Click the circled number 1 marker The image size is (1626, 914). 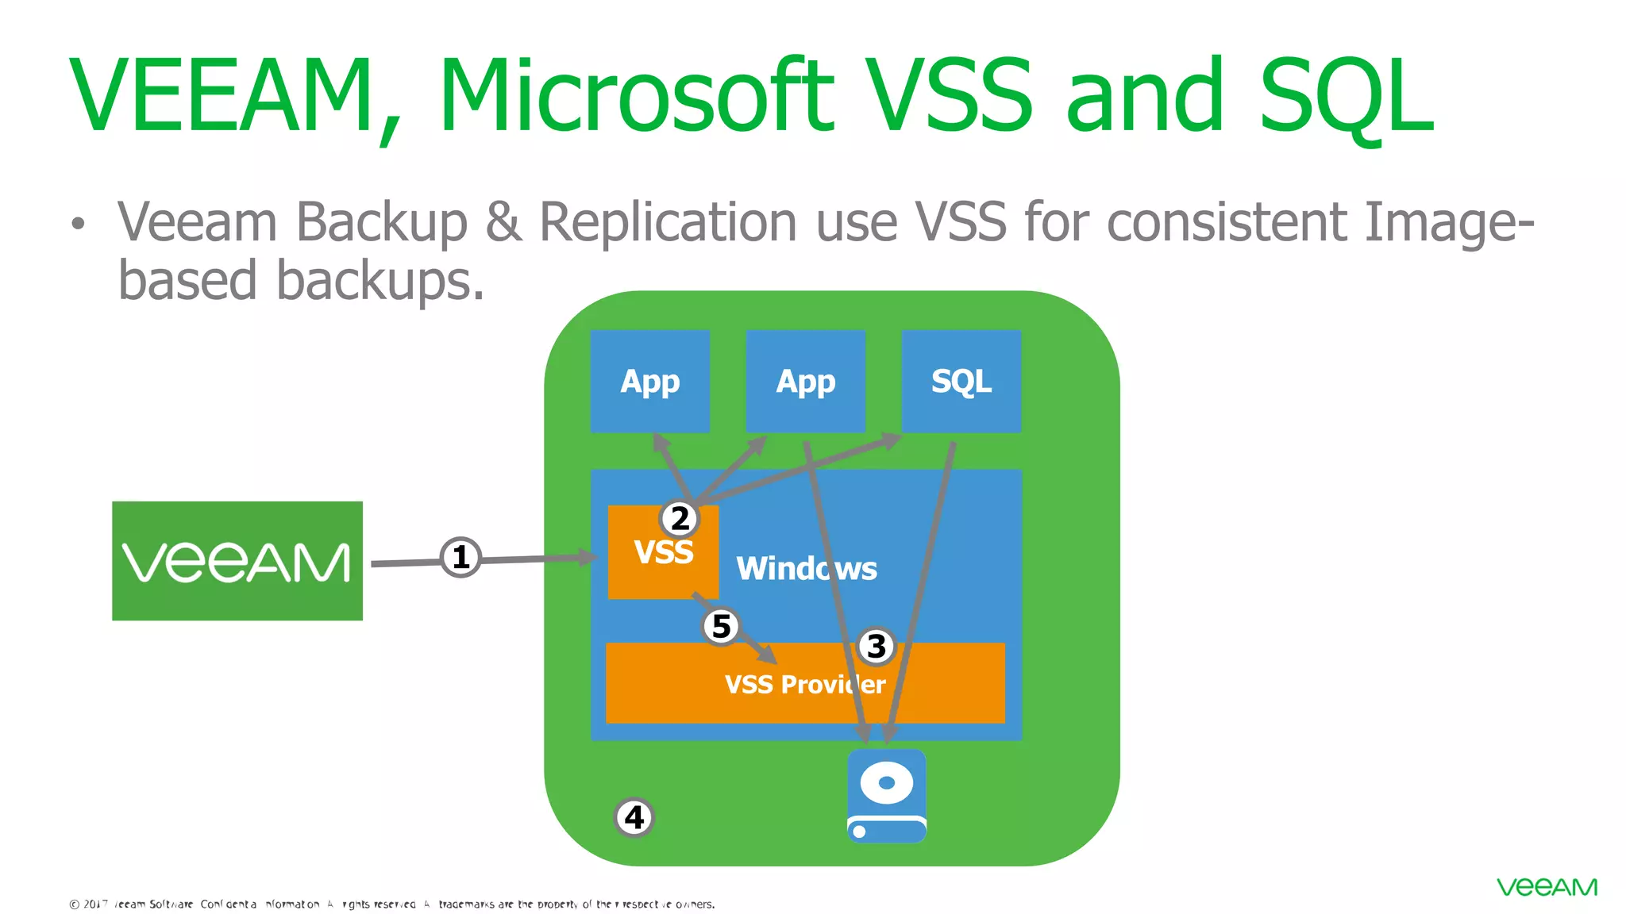[460, 557]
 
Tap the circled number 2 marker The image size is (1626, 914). [680, 519]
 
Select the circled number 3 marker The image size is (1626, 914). [877, 647]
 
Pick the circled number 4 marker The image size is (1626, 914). [634, 817]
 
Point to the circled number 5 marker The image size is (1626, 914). [721, 627]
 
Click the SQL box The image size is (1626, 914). [961, 382]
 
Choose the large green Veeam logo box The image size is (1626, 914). [237, 561]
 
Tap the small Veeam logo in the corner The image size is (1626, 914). [1547, 887]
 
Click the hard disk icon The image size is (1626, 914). [886, 796]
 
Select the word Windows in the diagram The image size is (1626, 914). [807, 569]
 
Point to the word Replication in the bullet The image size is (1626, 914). [668, 221]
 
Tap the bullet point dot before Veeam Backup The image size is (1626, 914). [77, 224]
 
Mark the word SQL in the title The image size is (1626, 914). [1347, 95]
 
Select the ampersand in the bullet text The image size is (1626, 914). [503, 221]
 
